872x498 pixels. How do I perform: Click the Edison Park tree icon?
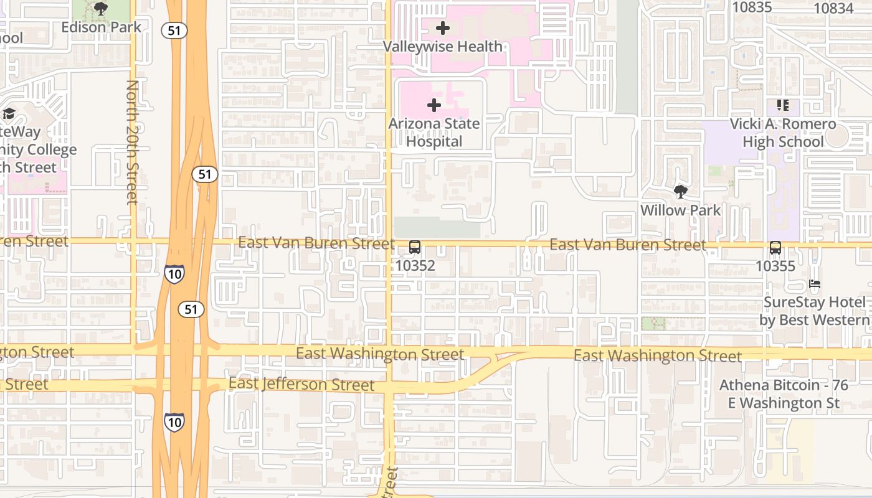(100, 9)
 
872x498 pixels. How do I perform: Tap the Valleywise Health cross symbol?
(443, 28)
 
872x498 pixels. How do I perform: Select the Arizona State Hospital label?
(434, 132)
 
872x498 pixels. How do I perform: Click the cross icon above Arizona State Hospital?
(434, 105)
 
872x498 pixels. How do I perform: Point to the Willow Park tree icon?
(680, 192)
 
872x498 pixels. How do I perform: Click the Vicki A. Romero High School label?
(783, 133)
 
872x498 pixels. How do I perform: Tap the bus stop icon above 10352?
(415, 247)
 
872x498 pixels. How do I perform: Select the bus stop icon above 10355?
(775, 248)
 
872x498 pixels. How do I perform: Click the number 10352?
(415, 266)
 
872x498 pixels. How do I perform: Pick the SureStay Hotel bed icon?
(815, 284)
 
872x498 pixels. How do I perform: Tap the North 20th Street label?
(132, 142)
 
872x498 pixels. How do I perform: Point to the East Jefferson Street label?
(301, 384)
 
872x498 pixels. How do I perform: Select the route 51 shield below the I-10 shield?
(191, 309)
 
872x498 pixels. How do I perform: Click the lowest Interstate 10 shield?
(174, 421)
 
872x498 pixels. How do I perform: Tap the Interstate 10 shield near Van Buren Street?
(174, 273)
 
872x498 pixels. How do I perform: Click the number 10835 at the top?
(752, 7)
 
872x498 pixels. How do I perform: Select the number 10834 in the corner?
(833, 8)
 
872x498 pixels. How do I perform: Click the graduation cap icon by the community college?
(9, 113)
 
